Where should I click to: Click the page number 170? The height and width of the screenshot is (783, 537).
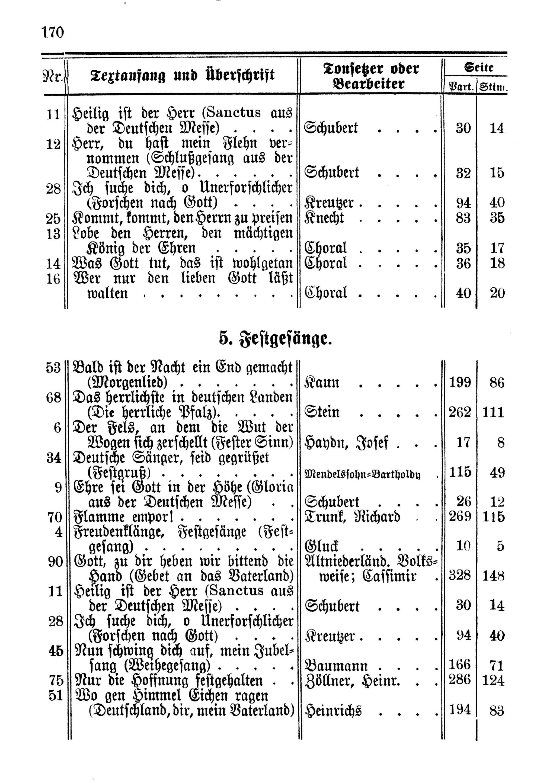[53, 33]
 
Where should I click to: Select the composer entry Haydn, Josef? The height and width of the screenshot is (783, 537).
[346, 443]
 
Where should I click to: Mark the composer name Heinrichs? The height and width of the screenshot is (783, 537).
[333, 711]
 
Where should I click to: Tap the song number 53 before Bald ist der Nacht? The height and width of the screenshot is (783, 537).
[53, 368]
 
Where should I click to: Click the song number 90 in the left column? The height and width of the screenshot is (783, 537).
[55, 561]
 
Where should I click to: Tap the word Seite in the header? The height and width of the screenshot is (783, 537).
[478, 68]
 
